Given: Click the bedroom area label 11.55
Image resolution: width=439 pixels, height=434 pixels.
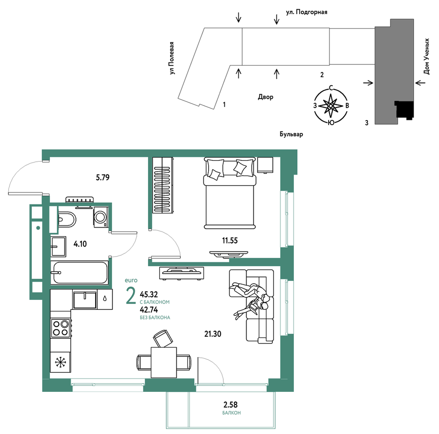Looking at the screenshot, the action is tap(230, 241).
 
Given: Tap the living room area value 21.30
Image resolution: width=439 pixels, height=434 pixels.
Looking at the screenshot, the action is tap(213, 334).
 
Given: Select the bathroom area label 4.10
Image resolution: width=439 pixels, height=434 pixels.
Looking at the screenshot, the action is tap(80, 244).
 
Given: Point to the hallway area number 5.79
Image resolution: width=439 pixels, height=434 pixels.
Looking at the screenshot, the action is tap(103, 177).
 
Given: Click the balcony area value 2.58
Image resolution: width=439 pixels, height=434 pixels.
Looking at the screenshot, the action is tap(231, 405).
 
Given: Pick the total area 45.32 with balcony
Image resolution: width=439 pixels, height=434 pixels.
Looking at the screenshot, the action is tap(149, 294).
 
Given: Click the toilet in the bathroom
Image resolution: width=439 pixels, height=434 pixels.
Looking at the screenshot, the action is tap(67, 219).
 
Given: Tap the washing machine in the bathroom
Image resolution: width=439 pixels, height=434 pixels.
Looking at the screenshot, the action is tap(101, 217).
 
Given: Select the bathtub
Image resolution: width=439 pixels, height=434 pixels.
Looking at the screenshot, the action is tap(79, 273).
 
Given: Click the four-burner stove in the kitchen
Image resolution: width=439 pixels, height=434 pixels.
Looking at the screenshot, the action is tap(61, 328).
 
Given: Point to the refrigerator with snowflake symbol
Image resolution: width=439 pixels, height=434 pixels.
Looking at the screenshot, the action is tap(60, 362).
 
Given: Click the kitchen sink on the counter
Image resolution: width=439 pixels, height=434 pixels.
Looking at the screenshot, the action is tap(85, 300).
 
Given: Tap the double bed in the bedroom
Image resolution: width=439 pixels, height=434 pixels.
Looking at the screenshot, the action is tap(230, 193).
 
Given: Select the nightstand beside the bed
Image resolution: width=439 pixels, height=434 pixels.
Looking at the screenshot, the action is tap(265, 165).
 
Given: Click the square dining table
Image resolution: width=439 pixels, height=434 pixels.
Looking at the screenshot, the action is tap(164, 362).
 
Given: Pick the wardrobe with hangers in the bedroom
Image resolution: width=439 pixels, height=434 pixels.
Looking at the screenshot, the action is tap(163, 185).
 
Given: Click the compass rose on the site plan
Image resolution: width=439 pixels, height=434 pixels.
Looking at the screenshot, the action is tap(331, 106).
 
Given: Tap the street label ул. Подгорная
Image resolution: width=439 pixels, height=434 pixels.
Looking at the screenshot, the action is tap(306, 12).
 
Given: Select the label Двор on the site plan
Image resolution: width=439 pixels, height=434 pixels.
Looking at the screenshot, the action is tap(265, 97).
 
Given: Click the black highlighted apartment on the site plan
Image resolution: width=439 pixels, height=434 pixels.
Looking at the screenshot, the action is tap(404, 110).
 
